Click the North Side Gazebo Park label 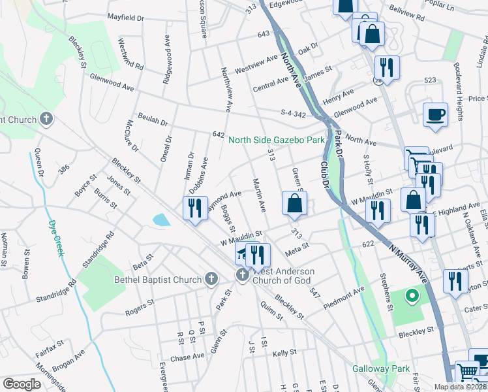[276, 140]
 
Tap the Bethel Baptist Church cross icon [211, 280]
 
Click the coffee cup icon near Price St [435, 115]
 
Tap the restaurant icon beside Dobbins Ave [194, 208]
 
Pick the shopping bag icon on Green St [294, 203]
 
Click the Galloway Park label [381, 368]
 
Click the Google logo [22, 384]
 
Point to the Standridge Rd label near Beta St [99, 245]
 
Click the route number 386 [64, 169]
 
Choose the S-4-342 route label [293, 114]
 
